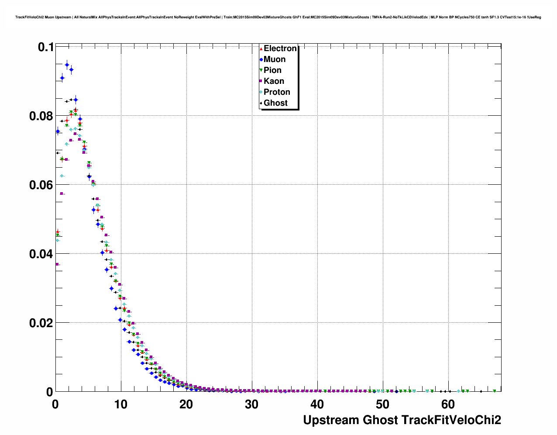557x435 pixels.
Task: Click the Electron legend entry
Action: click(x=280, y=48)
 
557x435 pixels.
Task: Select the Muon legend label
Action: click(x=275, y=59)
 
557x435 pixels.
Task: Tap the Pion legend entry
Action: click(x=272, y=70)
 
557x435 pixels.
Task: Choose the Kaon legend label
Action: click(x=274, y=81)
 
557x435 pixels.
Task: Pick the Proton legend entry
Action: click(x=277, y=92)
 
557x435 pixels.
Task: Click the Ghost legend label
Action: click(x=275, y=103)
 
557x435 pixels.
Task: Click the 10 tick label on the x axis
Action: click(x=121, y=404)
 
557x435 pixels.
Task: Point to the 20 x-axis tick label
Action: click(x=186, y=404)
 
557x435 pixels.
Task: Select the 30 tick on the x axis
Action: click(x=252, y=404)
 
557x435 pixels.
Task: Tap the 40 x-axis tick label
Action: click(x=317, y=404)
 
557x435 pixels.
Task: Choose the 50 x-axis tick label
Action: click(x=383, y=404)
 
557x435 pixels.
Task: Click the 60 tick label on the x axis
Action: click(x=448, y=404)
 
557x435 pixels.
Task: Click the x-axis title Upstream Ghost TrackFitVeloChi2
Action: click(x=402, y=420)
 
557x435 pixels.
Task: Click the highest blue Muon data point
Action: click(x=67, y=65)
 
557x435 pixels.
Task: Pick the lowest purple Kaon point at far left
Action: click(x=57, y=264)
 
